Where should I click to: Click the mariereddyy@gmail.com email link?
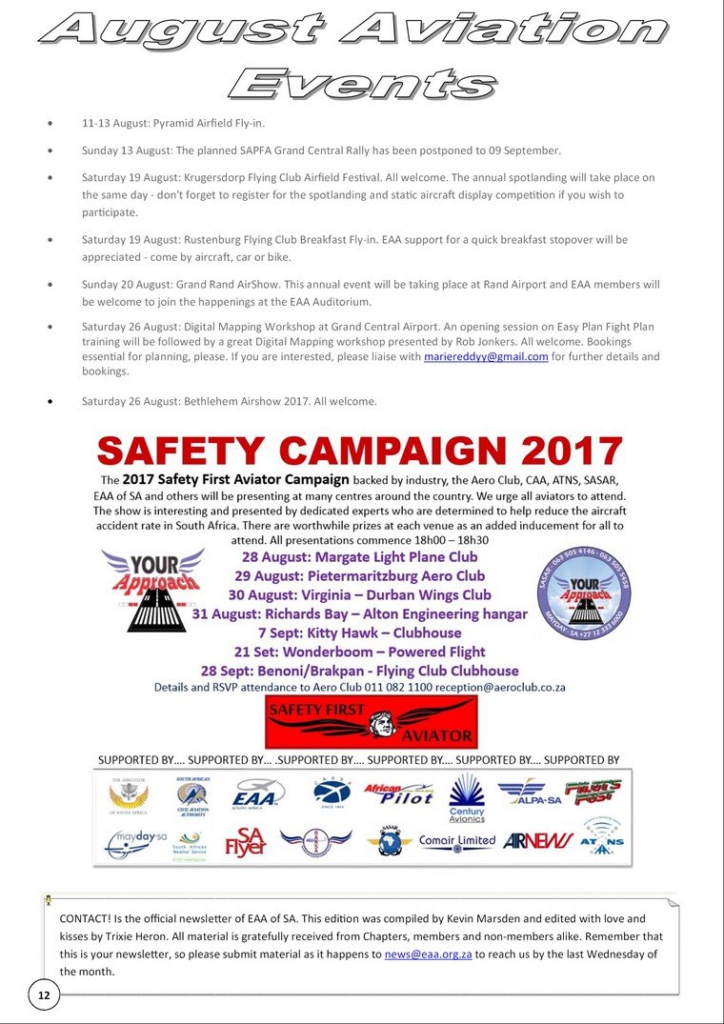pos(486,356)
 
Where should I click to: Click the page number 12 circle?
pos(44,994)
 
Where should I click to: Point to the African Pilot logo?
pos(398,793)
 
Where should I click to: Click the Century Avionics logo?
pos(467,798)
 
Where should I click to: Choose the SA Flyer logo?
pos(245,842)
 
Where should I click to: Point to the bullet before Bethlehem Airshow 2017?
pos(50,402)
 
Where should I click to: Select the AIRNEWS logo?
pos(538,842)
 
